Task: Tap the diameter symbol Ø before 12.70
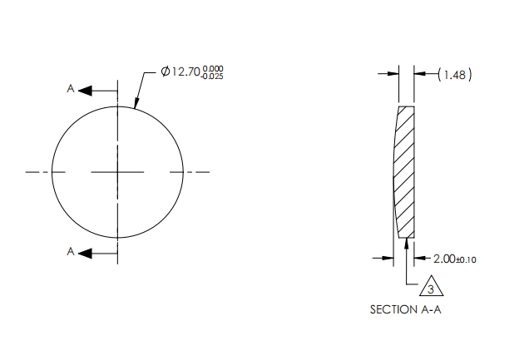(x=166, y=72)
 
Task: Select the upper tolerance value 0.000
(x=213, y=68)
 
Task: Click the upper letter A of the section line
(x=71, y=88)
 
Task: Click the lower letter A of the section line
(x=71, y=251)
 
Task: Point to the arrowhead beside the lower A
(x=86, y=252)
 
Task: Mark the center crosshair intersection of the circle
(x=118, y=172)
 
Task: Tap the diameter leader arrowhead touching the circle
(x=136, y=106)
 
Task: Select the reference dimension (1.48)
(x=455, y=75)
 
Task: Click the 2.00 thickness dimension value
(x=445, y=259)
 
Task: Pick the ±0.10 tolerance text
(x=467, y=260)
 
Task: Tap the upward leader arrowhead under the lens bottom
(x=405, y=244)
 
